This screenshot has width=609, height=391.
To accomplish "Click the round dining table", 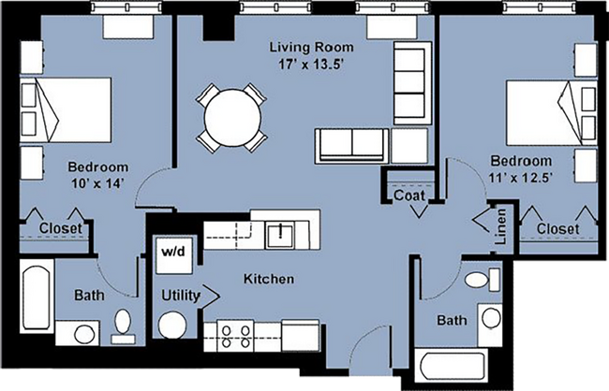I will coord(228,118).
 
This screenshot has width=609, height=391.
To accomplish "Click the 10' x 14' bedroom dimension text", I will coord(97,184).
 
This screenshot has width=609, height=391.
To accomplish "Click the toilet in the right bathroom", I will coord(478,279).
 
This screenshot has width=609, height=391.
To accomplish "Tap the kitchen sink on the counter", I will coord(280,233).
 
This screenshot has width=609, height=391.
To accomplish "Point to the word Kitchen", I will coord(270,279).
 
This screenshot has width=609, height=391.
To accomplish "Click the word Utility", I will coord(181,296).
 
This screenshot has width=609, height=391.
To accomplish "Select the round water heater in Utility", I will coord(171,327).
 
